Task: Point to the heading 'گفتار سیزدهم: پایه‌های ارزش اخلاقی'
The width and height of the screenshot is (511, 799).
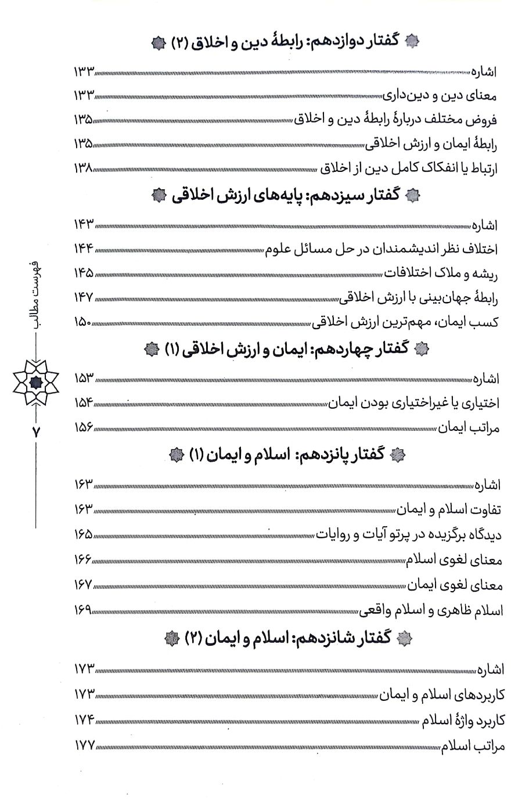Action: click(281, 196)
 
